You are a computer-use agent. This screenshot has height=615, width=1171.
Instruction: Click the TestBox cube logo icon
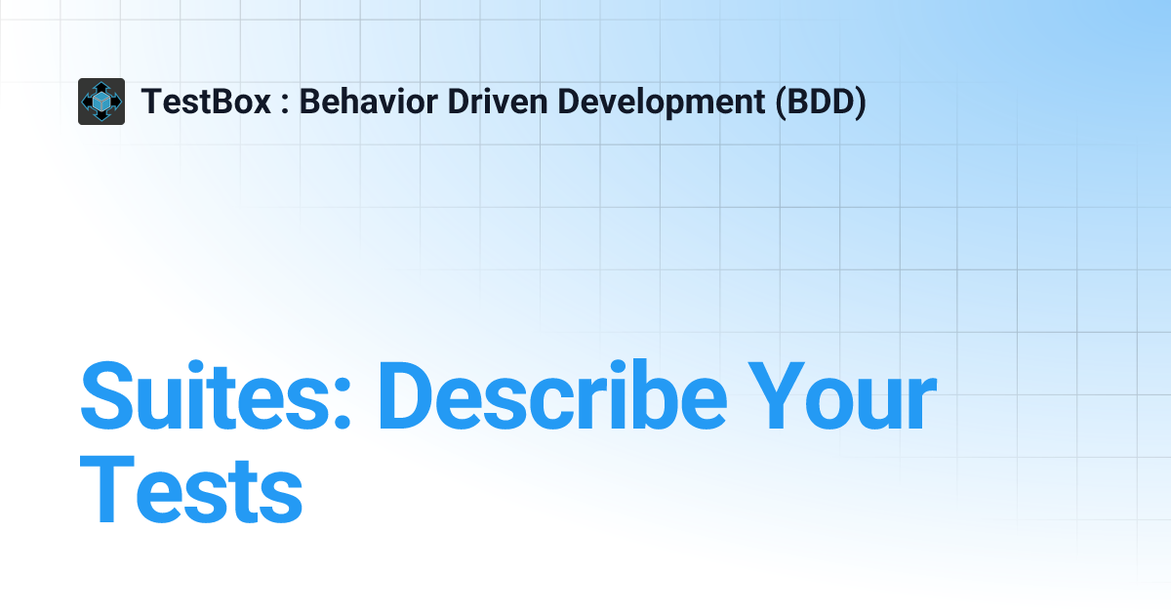[101, 102]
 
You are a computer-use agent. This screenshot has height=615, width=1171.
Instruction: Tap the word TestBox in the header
[206, 102]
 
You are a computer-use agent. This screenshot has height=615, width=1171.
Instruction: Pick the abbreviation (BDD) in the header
[820, 102]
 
